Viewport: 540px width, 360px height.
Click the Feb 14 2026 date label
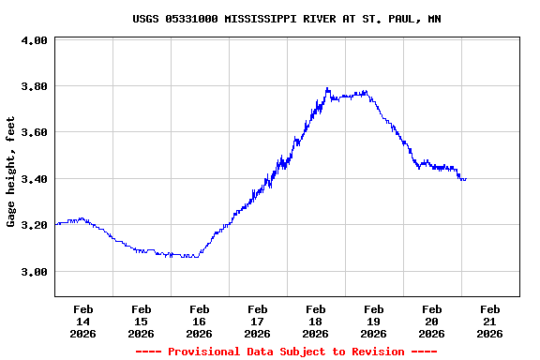83,321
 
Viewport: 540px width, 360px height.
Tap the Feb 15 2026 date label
142,321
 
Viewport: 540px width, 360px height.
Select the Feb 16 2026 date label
200,321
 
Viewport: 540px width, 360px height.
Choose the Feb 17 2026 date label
258,321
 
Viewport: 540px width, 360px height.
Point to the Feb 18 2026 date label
316,321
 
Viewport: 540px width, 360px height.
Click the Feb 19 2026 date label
374,321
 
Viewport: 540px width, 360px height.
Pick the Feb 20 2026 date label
432,321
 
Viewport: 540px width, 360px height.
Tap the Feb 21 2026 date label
490,321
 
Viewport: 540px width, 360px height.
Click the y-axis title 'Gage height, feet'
11,172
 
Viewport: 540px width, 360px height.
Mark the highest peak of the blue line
327,88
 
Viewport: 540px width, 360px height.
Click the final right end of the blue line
466,178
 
